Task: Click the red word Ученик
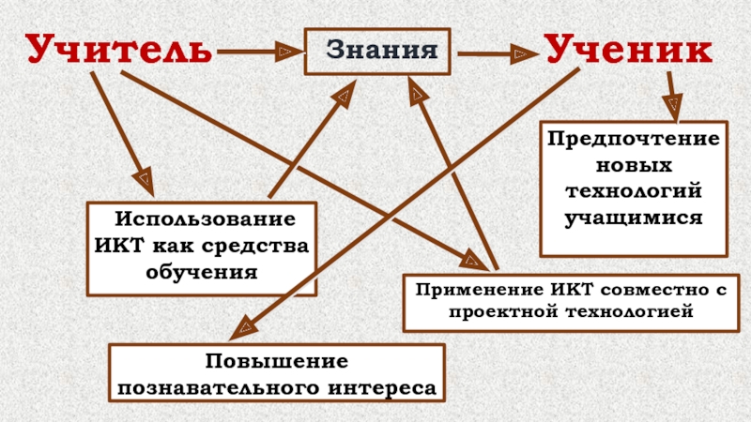click(628, 49)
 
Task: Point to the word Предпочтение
click(634, 139)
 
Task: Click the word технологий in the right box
click(634, 191)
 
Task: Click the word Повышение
click(276, 362)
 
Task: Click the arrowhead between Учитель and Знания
click(285, 49)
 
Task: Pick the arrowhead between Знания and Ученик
click(520, 53)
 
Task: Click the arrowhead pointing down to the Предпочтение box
click(673, 106)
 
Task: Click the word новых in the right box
click(634, 165)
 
